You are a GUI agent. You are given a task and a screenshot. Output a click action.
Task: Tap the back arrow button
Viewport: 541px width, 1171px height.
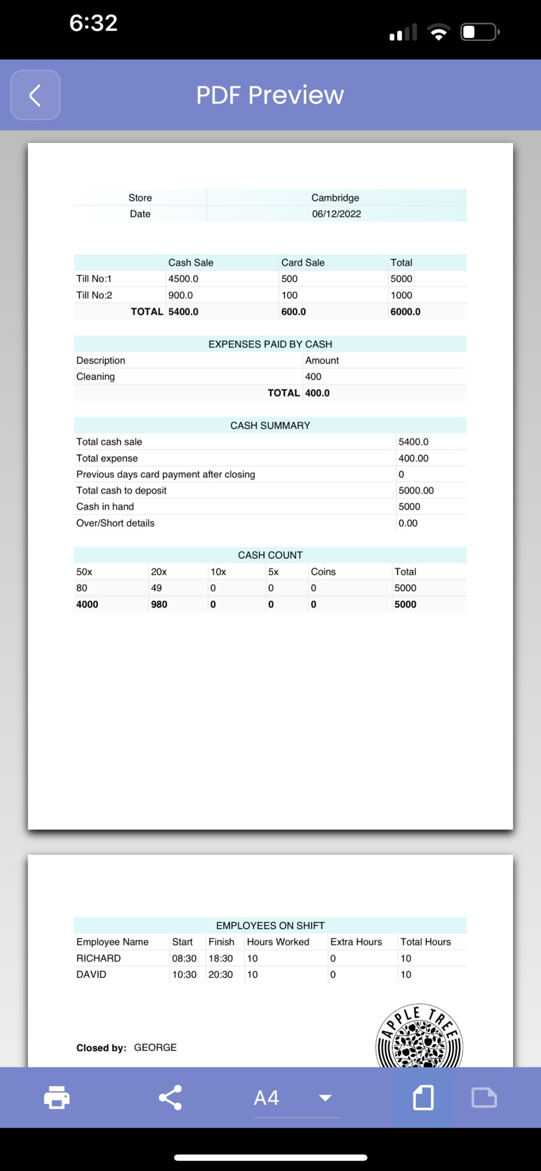click(35, 95)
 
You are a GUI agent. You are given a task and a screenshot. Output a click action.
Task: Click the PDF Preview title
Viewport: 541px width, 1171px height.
click(270, 95)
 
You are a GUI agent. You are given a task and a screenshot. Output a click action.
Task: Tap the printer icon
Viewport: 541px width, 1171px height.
click(57, 1097)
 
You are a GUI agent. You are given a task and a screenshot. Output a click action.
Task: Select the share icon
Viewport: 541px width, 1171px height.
click(170, 1097)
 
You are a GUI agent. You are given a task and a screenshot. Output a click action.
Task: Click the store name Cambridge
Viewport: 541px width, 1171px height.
click(335, 198)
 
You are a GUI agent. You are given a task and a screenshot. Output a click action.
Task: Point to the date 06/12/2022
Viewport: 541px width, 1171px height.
click(336, 214)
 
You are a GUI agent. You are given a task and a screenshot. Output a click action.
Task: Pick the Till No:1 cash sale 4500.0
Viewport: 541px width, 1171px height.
click(183, 279)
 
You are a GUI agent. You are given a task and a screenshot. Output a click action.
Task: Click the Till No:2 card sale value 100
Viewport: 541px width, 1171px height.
click(289, 295)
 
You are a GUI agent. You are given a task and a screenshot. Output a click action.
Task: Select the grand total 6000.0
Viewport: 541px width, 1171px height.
click(405, 311)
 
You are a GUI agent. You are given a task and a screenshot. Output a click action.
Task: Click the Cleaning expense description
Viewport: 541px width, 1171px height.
click(95, 376)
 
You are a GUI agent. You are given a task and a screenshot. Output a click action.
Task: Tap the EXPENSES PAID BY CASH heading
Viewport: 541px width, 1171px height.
click(270, 344)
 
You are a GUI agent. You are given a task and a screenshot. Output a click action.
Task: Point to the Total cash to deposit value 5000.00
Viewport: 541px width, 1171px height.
click(416, 491)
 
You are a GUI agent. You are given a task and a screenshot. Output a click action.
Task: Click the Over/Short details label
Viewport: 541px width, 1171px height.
click(115, 523)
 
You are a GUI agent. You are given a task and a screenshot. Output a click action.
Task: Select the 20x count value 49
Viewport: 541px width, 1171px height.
click(156, 588)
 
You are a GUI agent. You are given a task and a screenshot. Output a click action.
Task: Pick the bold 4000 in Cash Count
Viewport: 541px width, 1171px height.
click(87, 604)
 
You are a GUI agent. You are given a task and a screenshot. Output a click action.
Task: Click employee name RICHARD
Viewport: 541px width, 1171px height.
click(98, 958)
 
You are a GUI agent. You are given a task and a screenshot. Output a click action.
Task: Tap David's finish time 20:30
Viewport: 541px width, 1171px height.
click(221, 974)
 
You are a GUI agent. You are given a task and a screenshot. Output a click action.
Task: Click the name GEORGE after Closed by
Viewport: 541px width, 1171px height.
click(155, 1047)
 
